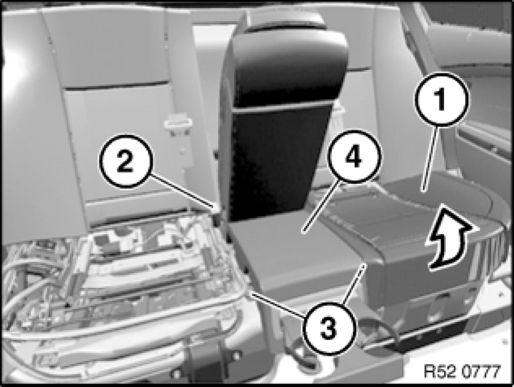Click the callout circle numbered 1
click(441, 100)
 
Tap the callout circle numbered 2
click(126, 161)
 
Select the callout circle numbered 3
click(329, 328)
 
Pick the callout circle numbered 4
click(354, 157)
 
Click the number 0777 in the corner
click(482, 372)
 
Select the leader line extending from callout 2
click(183, 191)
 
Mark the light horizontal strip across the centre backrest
click(283, 107)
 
